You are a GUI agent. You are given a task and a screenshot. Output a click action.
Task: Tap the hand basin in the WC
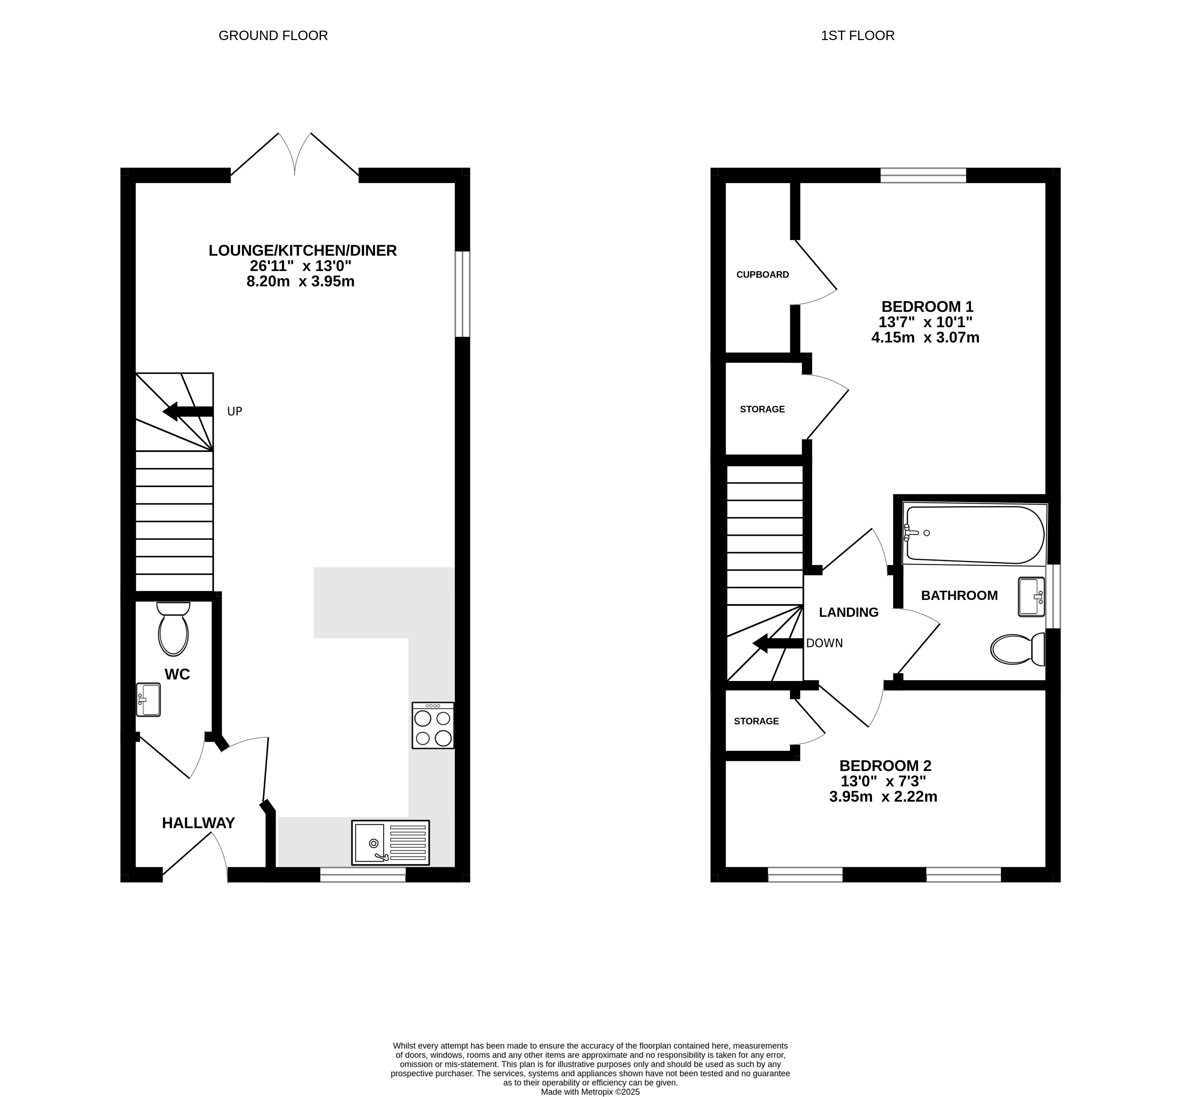[x=149, y=700]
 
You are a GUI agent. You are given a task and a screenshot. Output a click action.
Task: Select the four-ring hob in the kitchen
[x=433, y=725]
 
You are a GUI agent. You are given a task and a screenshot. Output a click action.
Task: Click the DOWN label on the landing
[x=824, y=643]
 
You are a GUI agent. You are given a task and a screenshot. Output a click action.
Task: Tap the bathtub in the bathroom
[x=975, y=534]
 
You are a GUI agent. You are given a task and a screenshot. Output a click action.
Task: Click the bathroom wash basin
[x=1031, y=596]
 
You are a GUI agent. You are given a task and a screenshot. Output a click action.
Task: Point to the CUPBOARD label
[x=763, y=275]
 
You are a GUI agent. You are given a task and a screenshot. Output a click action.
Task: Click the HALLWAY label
[x=198, y=823]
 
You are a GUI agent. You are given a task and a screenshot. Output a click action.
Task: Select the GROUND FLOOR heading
[x=273, y=36]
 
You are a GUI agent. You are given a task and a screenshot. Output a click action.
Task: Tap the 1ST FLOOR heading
[x=858, y=36]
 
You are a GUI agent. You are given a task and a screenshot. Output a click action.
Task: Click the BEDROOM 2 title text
[x=885, y=766]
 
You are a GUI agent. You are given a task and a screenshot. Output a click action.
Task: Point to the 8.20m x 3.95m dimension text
[x=300, y=281]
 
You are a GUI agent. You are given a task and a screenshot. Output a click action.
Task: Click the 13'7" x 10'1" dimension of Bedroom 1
[x=925, y=322]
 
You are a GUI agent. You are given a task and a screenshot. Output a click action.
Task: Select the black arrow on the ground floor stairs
[x=188, y=411]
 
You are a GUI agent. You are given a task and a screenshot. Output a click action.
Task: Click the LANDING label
[x=849, y=612]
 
